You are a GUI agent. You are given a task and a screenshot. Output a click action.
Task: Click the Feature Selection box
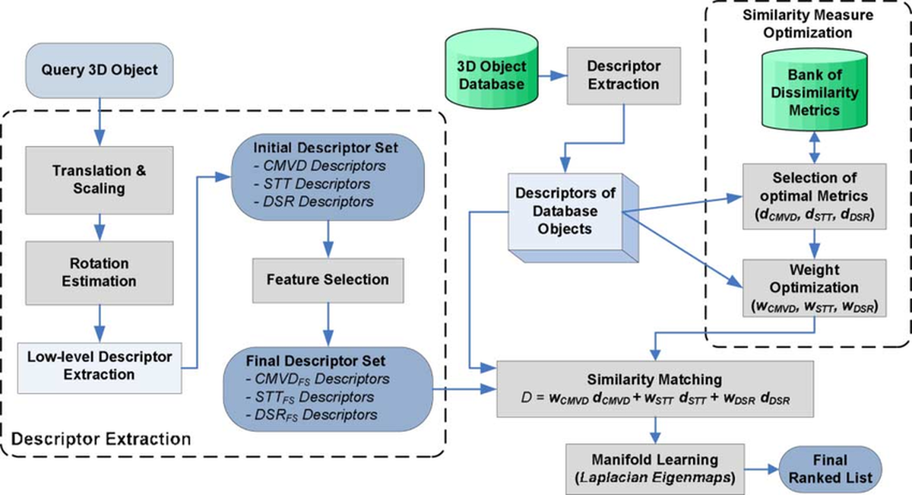point(328,279)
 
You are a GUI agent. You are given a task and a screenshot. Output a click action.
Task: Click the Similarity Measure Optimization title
point(812,25)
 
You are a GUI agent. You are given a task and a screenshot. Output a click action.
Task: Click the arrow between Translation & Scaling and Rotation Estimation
point(98,226)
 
